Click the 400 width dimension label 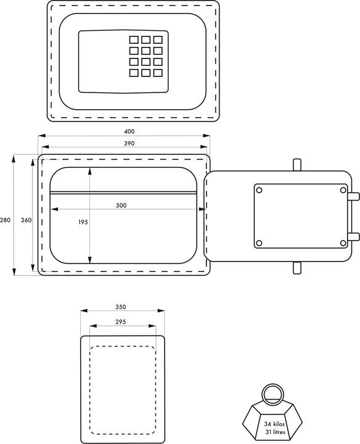(129, 131)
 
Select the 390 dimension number (129, 143)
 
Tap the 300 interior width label (121, 205)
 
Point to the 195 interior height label (83, 223)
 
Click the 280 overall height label (6, 220)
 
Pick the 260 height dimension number (26, 220)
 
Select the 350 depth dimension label (121, 306)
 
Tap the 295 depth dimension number (121, 321)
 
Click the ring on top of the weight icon (271, 393)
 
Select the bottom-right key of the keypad (158, 73)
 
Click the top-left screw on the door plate (259, 190)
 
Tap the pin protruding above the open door (297, 165)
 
